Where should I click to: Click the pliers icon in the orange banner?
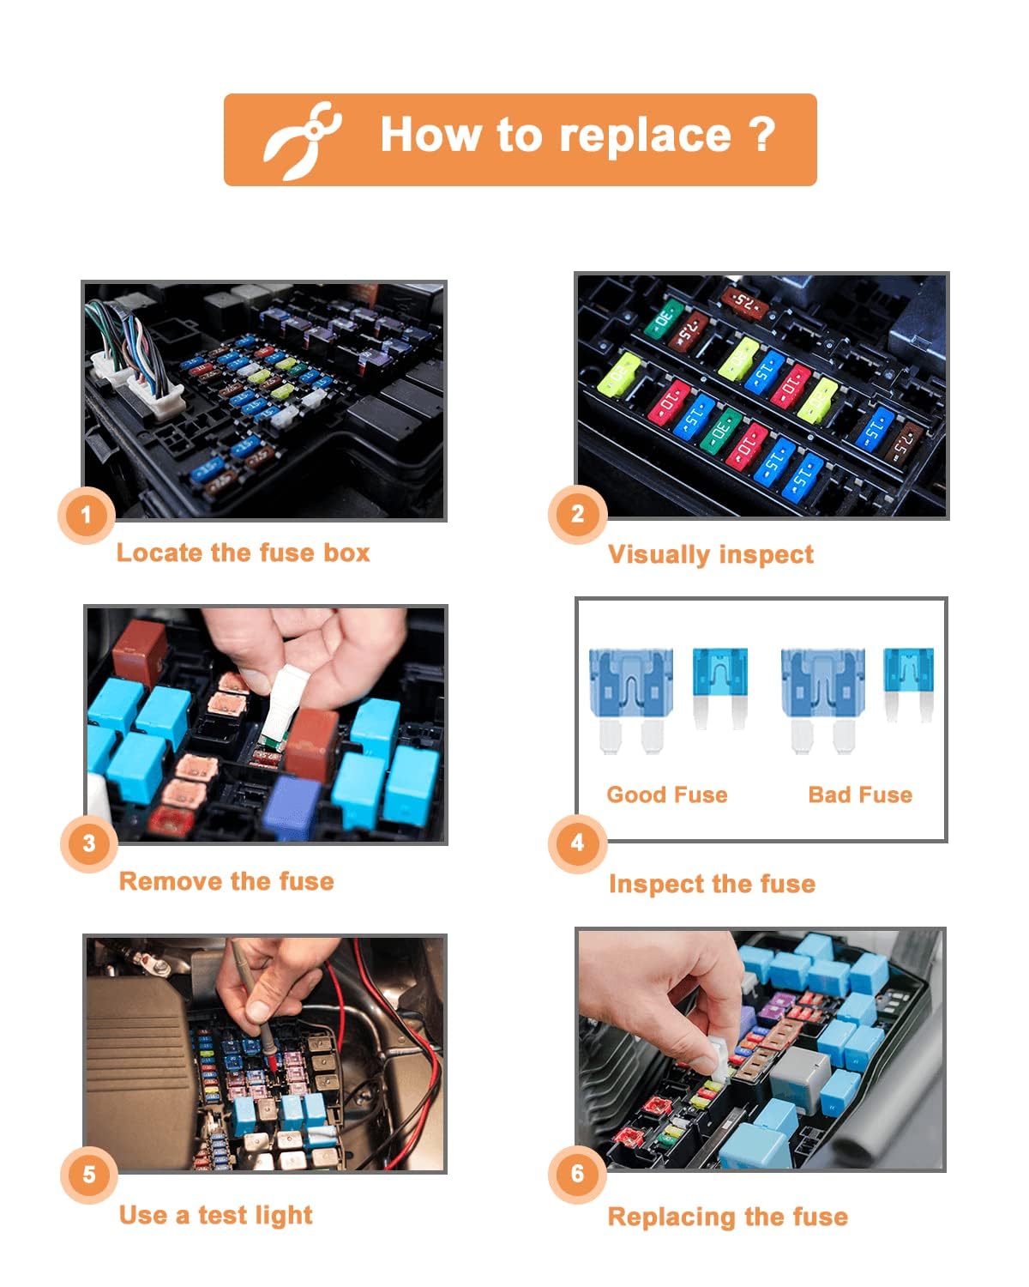[x=301, y=140]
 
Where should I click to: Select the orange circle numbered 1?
[x=86, y=516]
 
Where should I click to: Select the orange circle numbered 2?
[x=577, y=514]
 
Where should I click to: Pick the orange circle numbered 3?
[x=89, y=843]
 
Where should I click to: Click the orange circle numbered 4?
[x=577, y=843]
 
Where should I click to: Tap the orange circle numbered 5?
[x=89, y=1174]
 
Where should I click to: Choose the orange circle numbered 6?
[x=577, y=1173]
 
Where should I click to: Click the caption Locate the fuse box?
[x=243, y=553]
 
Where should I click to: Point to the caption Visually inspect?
[x=710, y=554]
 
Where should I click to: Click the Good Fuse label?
[x=666, y=795]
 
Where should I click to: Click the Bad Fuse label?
[x=859, y=795]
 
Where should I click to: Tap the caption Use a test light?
[x=215, y=1215]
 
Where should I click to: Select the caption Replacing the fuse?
[x=727, y=1217]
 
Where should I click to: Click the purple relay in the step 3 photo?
[x=292, y=807]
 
